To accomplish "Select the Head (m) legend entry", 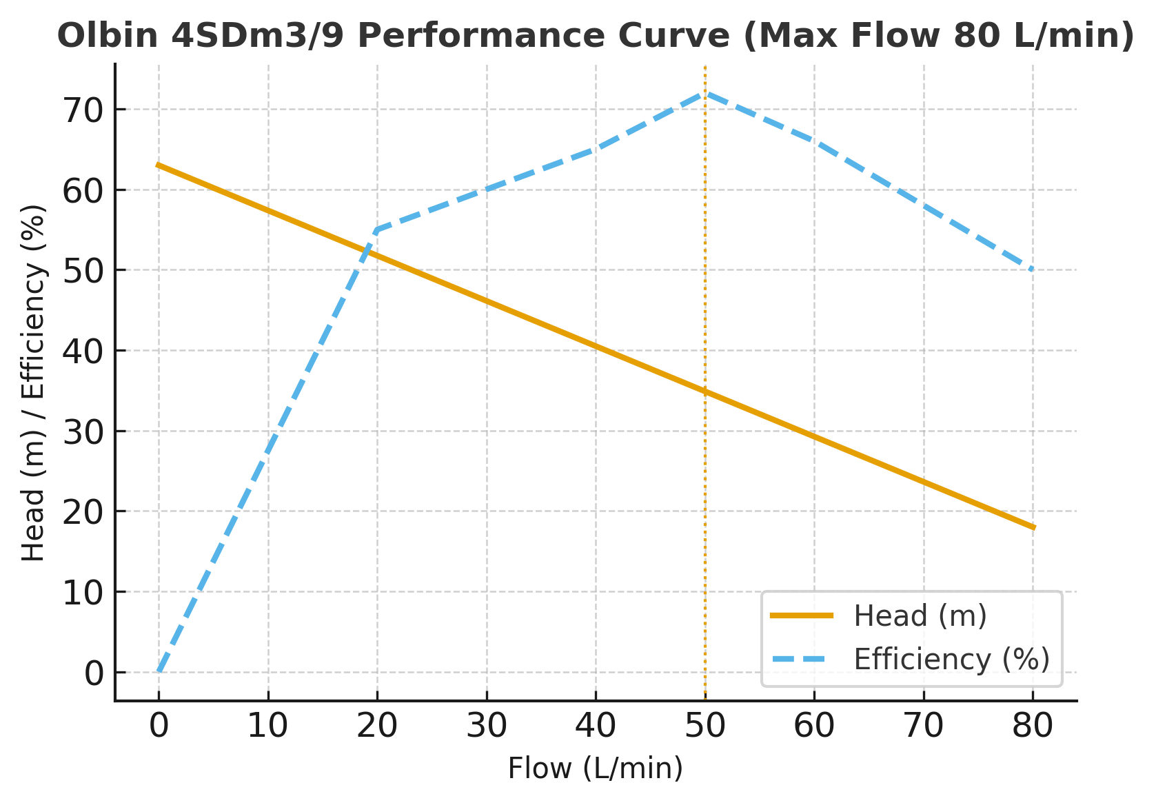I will pyautogui.click(x=920, y=616).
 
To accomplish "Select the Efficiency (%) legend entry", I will pyautogui.click(x=951, y=660).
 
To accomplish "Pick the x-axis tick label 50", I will pyautogui.click(x=705, y=726).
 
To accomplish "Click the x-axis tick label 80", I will pyautogui.click(x=1033, y=726).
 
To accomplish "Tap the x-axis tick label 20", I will pyautogui.click(x=377, y=726).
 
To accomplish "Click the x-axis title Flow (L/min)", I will pyautogui.click(x=596, y=768).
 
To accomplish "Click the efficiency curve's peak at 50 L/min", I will pyautogui.click(x=705, y=93).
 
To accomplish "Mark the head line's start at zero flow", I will pyautogui.click(x=159, y=165).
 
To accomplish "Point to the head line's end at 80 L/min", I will pyautogui.click(x=1033, y=528).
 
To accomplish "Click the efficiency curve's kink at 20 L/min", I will pyautogui.click(x=377, y=230).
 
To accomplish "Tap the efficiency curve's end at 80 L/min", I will pyautogui.click(x=1033, y=270).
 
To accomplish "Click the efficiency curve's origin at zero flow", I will pyautogui.click(x=159, y=672).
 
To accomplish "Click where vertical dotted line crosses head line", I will pyautogui.click(x=705, y=391).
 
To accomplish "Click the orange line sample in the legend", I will pyautogui.click(x=802, y=616).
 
